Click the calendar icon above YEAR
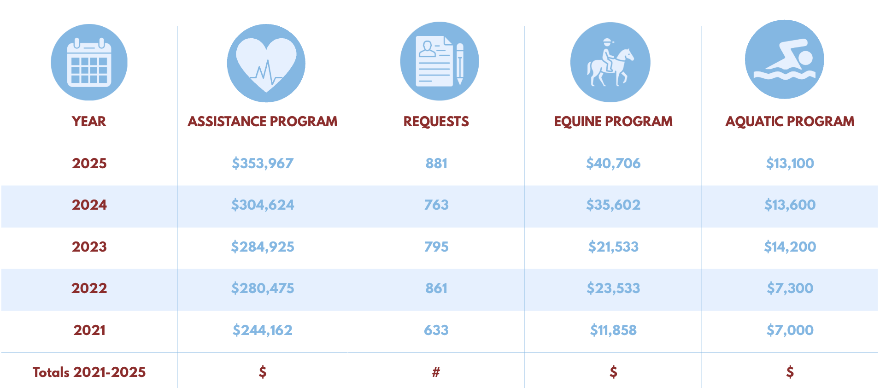[x=89, y=62]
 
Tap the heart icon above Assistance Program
[x=266, y=63]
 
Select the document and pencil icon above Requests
[x=440, y=61]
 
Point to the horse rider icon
[x=610, y=62]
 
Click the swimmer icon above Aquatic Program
[x=784, y=59]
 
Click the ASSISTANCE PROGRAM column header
[x=263, y=122]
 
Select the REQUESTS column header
[x=436, y=122]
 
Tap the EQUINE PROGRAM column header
[x=613, y=122]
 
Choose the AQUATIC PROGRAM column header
[x=790, y=122]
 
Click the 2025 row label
[x=89, y=164]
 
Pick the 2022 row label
[x=89, y=288]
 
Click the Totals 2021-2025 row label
[x=89, y=372]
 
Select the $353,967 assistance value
[x=263, y=164]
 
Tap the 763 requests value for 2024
[x=436, y=205]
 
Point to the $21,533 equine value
[x=613, y=247]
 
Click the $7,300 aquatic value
[x=790, y=288]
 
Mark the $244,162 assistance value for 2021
[x=263, y=330]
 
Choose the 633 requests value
[x=436, y=330]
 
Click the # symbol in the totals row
[x=436, y=372]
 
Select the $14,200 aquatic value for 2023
[x=790, y=247]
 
